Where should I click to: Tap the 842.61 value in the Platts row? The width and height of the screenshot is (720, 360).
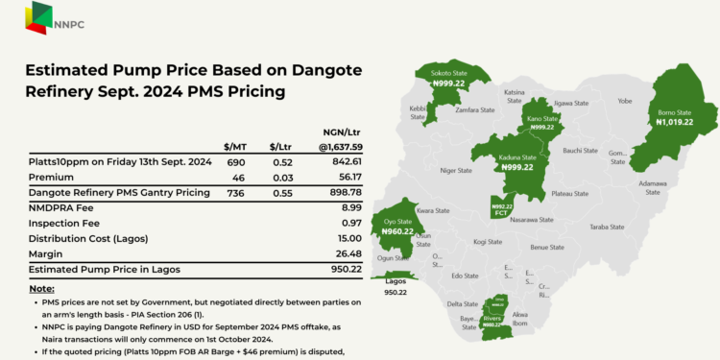[344, 163]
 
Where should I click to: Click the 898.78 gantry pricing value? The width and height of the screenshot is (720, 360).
[344, 193]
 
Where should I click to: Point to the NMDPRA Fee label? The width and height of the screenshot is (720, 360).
[62, 207]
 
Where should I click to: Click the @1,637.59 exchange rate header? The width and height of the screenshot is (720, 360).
[340, 147]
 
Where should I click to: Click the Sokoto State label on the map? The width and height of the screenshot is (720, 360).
[449, 72]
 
